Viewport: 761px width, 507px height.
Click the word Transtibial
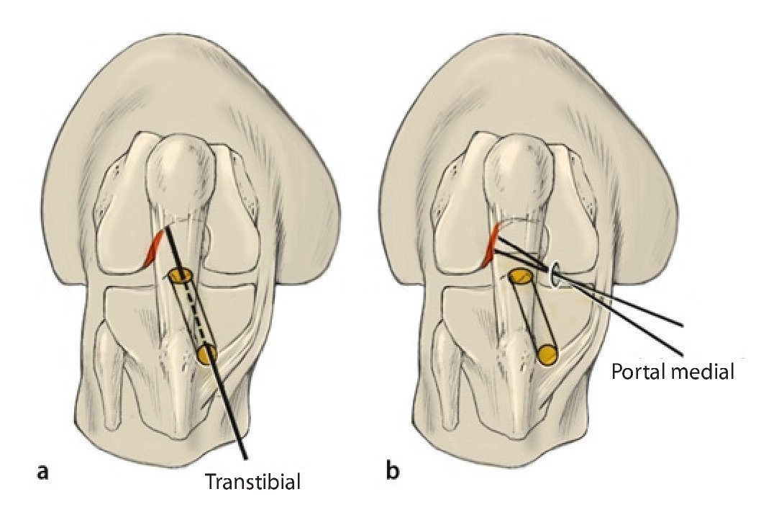[252, 481]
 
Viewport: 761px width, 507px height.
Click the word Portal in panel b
[638, 372]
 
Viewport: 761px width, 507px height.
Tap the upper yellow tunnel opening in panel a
[179, 275]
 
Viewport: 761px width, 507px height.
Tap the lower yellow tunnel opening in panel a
[207, 354]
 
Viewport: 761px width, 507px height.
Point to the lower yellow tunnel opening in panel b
[548, 354]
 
